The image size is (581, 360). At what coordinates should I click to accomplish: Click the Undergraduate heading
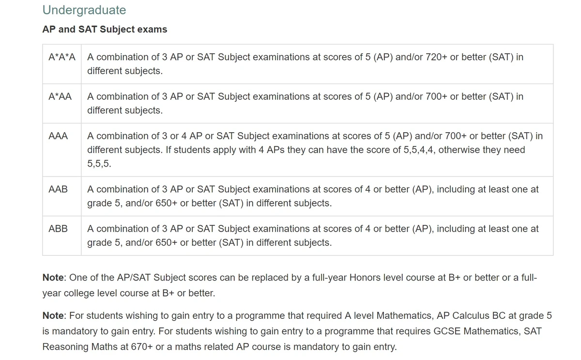[84, 10]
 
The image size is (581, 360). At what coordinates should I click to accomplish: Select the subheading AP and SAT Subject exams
[105, 30]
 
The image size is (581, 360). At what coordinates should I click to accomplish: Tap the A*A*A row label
[62, 57]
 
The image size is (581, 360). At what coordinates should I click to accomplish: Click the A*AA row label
[60, 97]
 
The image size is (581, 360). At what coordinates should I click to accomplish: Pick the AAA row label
[58, 136]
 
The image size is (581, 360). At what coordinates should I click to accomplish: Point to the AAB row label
[58, 189]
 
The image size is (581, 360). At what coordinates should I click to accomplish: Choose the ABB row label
[58, 229]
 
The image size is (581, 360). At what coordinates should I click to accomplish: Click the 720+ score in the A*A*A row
[436, 57]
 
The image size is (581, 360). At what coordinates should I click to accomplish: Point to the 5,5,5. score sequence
[99, 164]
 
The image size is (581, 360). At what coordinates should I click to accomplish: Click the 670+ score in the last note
[146, 347]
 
